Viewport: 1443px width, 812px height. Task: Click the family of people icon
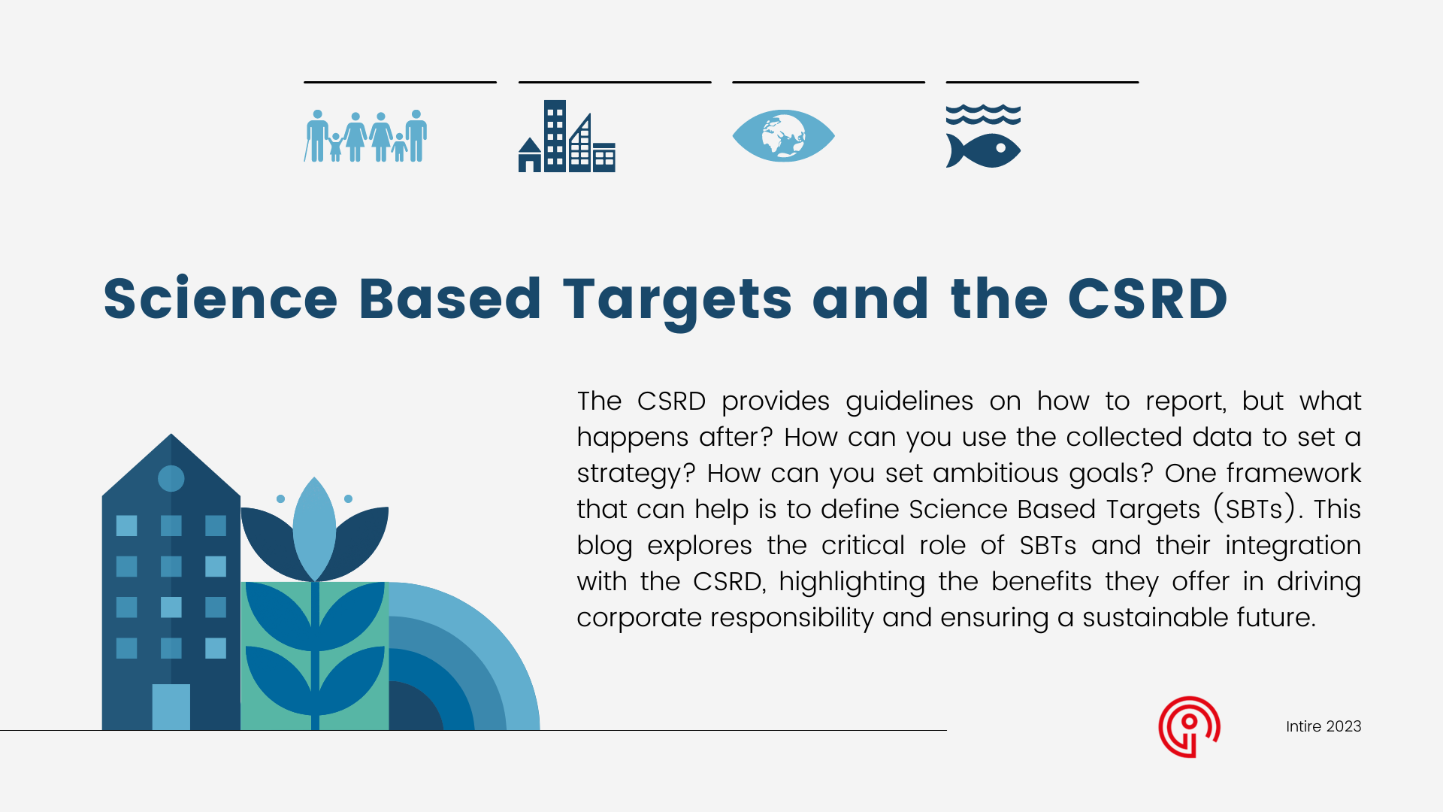point(365,136)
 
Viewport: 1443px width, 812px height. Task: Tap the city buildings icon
point(567,138)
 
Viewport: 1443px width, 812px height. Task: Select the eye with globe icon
point(783,136)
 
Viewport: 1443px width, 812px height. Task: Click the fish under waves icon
point(983,138)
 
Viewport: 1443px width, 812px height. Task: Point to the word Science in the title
point(220,299)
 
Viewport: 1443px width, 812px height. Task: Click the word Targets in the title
point(677,299)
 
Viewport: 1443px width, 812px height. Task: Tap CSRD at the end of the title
point(1148,299)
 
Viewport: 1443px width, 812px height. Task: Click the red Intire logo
point(1189,726)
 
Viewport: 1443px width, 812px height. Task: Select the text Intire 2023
point(1323,726)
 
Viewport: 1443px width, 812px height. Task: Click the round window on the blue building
point(171,478)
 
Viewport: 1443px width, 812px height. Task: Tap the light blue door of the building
point(171,707)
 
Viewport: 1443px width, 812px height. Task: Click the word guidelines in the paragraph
point(909,401)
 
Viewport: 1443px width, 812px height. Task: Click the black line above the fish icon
point(1042,82)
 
